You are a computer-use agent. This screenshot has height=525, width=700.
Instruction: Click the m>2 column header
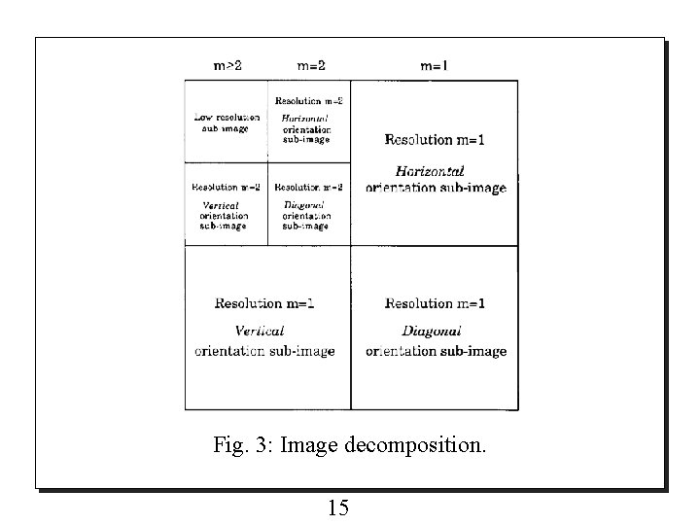pyautogui.click(x=227, y=66)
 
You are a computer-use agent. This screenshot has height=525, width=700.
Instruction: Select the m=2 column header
pyautogui.click(x=311, y=66)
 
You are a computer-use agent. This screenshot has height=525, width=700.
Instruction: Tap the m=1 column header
pyautogui.click(x=434, y=66)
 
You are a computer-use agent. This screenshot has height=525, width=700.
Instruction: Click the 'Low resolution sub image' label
pyautogui.click(x=226, y=122)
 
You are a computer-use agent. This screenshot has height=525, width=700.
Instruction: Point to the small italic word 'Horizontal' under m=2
pyautogui.click(x=305, y=118)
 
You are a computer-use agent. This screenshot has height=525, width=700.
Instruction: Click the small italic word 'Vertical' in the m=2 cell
pyautogui.click(x=221, y=205)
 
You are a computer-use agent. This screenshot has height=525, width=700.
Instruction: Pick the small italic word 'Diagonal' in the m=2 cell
pyautogui.click(x=303, y=205)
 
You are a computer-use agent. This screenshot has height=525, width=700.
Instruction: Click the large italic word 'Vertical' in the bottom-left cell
pyautogui.click(x=260, y=332)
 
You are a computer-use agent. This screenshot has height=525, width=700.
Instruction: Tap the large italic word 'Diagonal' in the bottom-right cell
pyautogui.click(x=429, y=332)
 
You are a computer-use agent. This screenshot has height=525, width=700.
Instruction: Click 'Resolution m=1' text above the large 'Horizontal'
pyautogui.click(x=435, y=141)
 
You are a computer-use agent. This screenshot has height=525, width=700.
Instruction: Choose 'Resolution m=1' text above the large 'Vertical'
pyautogui.click(x=264, y=303)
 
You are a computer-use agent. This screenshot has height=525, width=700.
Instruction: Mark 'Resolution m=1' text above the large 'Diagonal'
pyautogui.click(x=435, y=303)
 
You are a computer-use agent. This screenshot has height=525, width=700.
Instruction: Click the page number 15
pyautogui.click(x=339, y=507)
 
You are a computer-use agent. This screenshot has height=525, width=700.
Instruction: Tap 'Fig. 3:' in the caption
pyautogui.click(x=244, y=446)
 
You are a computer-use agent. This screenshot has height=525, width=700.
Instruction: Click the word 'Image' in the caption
pyautogui.click(x=310, y=447)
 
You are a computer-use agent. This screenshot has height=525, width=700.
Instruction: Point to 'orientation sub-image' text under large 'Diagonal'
pyautogui.click(x=436, y=351)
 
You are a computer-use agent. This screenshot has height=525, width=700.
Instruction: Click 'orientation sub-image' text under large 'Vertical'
pyautogui.click(x=264, y=351)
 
